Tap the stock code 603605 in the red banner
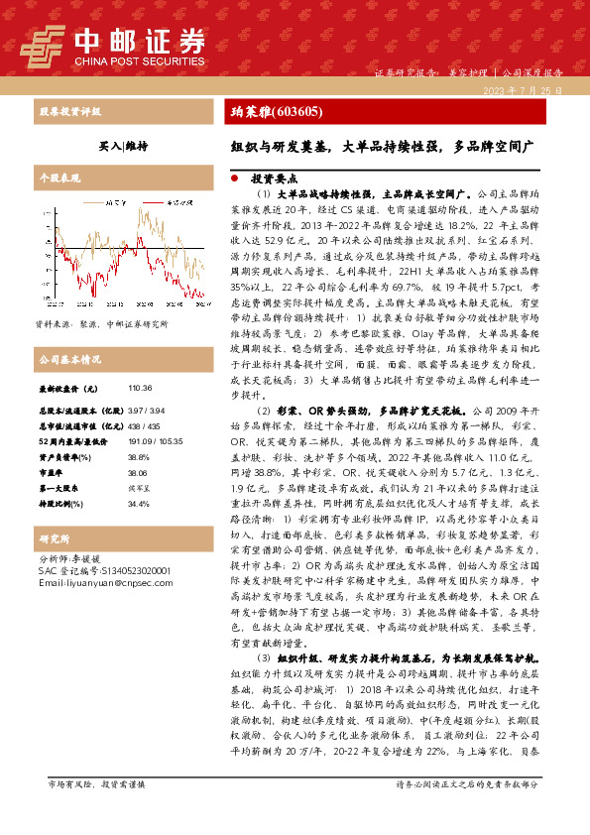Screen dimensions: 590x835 [x=295, y=112]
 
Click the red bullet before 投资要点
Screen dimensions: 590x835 [x=234, y=179]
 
